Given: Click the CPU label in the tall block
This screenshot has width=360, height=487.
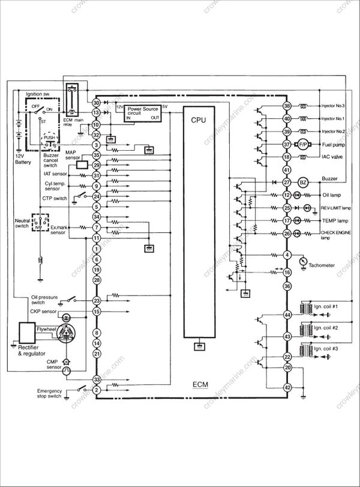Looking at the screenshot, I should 199,120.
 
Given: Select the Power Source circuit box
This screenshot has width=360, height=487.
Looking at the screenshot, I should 142,112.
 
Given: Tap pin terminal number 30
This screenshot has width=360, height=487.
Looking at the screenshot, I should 97,103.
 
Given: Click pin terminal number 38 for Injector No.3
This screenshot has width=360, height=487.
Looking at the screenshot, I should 287,106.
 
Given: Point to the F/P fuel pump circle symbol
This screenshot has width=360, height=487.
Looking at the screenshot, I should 303,145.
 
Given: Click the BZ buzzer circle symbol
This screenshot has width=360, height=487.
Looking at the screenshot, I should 303,182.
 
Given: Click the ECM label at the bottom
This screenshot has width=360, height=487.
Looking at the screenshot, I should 200,385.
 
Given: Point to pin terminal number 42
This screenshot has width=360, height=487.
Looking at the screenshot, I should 287,387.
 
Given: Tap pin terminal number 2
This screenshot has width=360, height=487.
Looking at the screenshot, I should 97,390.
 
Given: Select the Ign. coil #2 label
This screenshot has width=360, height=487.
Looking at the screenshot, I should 326,328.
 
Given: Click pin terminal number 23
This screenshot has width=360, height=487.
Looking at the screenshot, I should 97,300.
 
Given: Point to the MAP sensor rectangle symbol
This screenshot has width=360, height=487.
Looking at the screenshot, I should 83,165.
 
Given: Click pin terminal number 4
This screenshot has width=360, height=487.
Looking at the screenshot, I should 287,255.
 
